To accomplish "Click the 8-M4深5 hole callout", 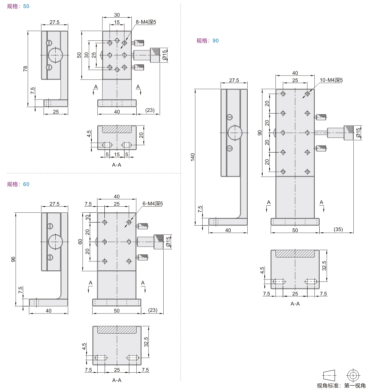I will (146, 22).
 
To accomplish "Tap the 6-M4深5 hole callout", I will (153, 204).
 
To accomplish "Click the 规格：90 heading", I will (207, 41).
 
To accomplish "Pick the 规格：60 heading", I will (18, 184).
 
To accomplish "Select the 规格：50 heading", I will (18, 6).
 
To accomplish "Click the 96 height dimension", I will (13, 259).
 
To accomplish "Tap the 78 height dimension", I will (26, 68).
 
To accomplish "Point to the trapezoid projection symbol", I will (329, 375).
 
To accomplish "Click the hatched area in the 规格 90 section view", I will (295, 254).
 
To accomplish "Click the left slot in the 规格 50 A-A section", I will (107, 145).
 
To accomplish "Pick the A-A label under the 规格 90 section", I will (295, 304).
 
